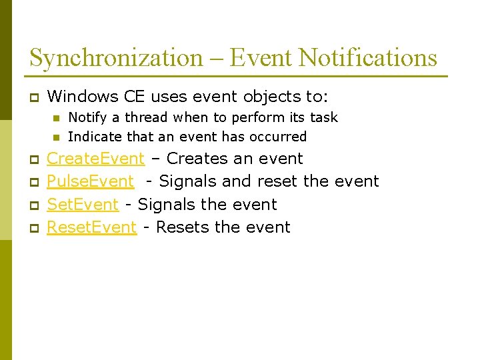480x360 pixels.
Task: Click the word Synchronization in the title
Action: click(x=115, y=58)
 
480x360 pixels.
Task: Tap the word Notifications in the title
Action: click(x=367, y=58)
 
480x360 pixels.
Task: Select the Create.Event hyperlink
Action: click(x=95, y=159)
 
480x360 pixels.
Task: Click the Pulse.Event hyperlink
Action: click(x=90, y=181)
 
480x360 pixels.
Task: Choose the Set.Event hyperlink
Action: click(x=82, y=205)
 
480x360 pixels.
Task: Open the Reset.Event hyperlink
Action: click(x=91, y=227)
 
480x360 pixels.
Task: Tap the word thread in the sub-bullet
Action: click(x=148, y=118)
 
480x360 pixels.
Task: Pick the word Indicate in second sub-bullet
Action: click(x=93, y=137)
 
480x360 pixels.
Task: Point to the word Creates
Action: click(x=196, y=159)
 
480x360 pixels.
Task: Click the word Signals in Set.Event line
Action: click(x=165, y=205)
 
